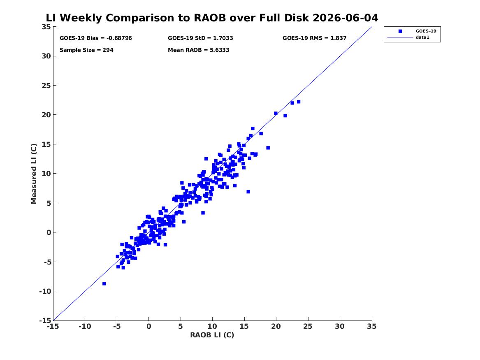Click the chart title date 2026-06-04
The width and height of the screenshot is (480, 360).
pyautogui.click(x=346, y=18)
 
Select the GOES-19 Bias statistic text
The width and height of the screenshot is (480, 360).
pyautogui.click(x=96, y=38)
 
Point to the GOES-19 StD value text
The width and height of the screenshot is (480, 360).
pyautogui.click(x=200, y=38)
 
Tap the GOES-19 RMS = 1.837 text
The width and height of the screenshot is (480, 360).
pyautogui.click(x=314, y=38)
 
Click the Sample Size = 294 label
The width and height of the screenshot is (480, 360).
pyautogui.click(x=86, y=50)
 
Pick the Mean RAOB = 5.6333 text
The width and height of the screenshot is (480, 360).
pyautogui.click(x=198, y=50)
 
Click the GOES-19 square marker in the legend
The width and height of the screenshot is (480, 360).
pyautogui.click(x=400, y=31)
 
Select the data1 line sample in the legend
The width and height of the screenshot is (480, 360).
pyautogui.click(x=400, y=37)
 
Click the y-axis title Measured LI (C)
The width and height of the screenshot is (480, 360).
pyautogui.click(x=34, y=174)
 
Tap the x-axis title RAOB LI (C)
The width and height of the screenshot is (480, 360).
pyautogui.click(x=212, y=335)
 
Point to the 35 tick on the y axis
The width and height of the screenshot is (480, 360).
pyautogui.click(x=46, y=27)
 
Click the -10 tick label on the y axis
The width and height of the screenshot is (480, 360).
pyautogui.click(x=45, y=291)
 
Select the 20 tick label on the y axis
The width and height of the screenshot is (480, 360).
pyautogui.click(x=46, y=115)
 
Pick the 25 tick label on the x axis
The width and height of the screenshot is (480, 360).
pyautogui.click(x=308, y=326)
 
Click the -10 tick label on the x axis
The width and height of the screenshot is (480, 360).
pyautogui.click(x=85, y=326)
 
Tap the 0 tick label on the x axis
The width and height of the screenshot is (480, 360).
pyautogui.click(x=149, y=326)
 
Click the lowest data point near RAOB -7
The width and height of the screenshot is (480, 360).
pyautogui.click(x=104, y=284)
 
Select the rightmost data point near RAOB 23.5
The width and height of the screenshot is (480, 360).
pyautogui.click(x=299, y=102)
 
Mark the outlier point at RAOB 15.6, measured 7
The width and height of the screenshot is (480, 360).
pyautogui.click(x=248, y=192)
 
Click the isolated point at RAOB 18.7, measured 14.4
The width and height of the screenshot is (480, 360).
pyautogui.click(x=268, y=148)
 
